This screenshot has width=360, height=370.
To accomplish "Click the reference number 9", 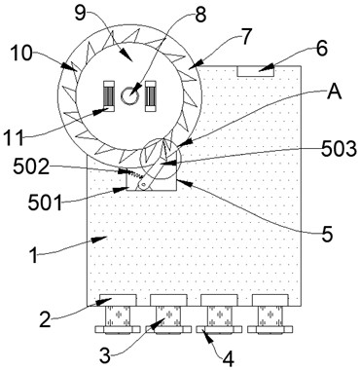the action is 82,15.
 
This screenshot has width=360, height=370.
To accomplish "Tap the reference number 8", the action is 200,15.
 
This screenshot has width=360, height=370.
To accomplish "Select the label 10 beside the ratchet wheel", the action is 21,54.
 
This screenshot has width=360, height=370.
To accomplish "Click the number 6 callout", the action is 322,49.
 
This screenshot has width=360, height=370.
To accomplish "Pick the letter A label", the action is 335,92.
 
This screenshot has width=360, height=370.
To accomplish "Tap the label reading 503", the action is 339,150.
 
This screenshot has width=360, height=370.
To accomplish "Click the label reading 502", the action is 31,167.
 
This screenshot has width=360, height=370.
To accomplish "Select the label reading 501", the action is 45,203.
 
